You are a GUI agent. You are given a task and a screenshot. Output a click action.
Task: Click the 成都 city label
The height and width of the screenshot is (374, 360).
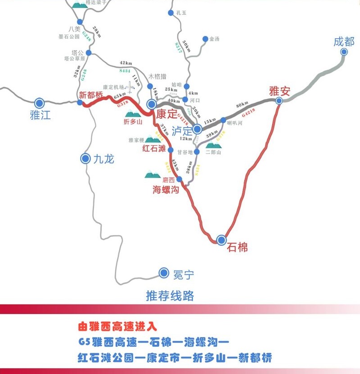coord(344,42)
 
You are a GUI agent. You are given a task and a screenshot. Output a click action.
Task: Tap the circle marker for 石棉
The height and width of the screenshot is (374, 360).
coord(221,240)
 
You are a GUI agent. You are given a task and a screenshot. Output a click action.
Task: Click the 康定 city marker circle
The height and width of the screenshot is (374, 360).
coord(152,105)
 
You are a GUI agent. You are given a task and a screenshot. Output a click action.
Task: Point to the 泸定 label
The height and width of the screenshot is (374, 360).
coord(182,131)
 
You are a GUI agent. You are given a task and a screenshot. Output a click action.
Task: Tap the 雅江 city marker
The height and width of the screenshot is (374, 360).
coord(40,103)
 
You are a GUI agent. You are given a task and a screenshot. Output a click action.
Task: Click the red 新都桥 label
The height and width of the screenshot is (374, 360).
coord(91,95)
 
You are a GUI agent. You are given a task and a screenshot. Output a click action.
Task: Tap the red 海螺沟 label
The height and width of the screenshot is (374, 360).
coord(165,190)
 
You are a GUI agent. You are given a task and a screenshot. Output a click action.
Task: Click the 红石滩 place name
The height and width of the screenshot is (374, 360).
coord(154,148)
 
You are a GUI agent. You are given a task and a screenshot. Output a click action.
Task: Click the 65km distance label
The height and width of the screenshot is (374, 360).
coord(120,97)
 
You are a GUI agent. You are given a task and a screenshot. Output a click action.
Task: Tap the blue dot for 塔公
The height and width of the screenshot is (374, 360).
coord(89,53)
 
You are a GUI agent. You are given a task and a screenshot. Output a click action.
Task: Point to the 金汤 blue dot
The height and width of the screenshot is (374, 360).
coord(205,39)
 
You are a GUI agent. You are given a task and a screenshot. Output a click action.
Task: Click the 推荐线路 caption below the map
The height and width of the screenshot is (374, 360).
coord(170,296)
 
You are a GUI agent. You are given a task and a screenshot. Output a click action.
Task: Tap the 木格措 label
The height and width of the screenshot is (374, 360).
coord(158,76)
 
